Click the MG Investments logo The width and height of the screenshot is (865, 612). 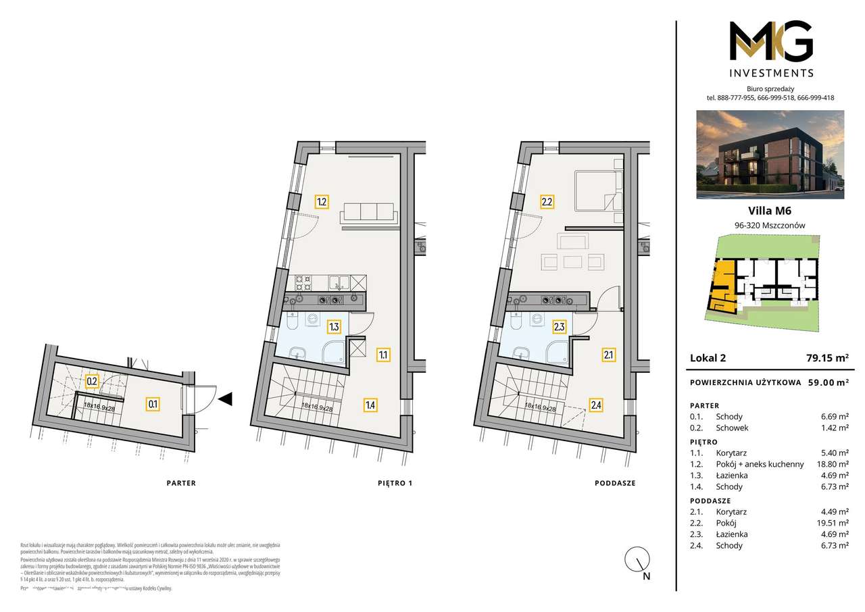[771, 48]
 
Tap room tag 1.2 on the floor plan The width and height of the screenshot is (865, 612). [322, 201]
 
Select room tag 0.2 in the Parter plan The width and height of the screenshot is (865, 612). [93, 381]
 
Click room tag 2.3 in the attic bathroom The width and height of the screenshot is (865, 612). [559, 327]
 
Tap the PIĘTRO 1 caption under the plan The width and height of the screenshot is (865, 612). [395, 483]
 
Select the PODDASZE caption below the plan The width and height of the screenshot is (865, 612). [615, 483]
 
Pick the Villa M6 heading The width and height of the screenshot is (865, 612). [770, 210]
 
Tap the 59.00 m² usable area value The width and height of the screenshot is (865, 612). [828, 382]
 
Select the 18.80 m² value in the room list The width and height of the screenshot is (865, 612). [833, 464]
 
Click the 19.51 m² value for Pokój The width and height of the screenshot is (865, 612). [833, 523]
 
